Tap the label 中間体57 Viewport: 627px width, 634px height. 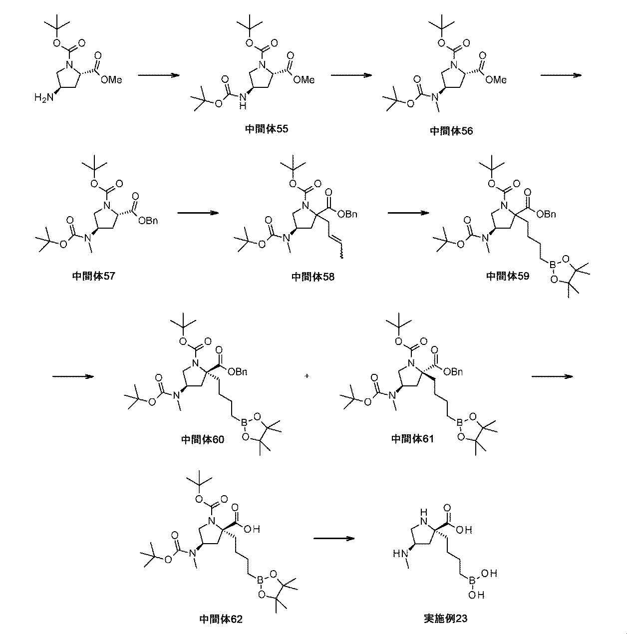click(x=93, y=276)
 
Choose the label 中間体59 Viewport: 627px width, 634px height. click(x=508, y=276)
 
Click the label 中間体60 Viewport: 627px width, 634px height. click(x=203, y=439)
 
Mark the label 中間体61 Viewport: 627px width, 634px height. click(x=412, y=439)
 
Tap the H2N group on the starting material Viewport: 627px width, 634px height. click(x=43, y=98)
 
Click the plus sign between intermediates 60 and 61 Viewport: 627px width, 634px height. click(x=307, y=376)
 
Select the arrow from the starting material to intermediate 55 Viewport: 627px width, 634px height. click(x=158, y=75)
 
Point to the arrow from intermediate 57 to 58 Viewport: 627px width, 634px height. click(x=198, y=213)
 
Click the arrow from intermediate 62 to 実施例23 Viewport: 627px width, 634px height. click(x=333, y=538)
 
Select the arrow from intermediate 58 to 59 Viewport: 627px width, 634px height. click(x=408, y=213)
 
